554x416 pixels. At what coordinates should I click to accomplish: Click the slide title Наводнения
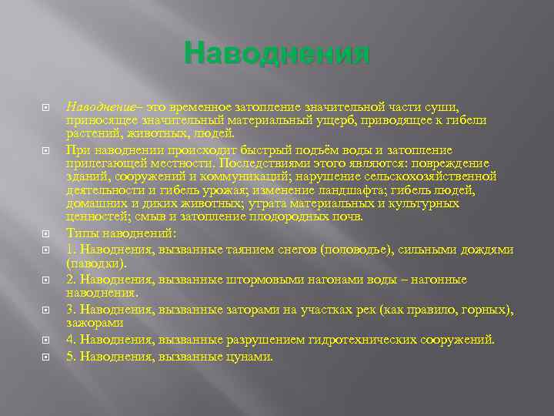tap(277, 55)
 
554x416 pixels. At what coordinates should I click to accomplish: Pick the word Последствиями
tap(262, 163)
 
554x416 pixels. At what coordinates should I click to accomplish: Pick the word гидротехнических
tap(352, 339)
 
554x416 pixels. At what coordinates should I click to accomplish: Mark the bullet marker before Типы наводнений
tap(45, 233)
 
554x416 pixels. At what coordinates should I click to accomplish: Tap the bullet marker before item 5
tap(45, 357)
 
